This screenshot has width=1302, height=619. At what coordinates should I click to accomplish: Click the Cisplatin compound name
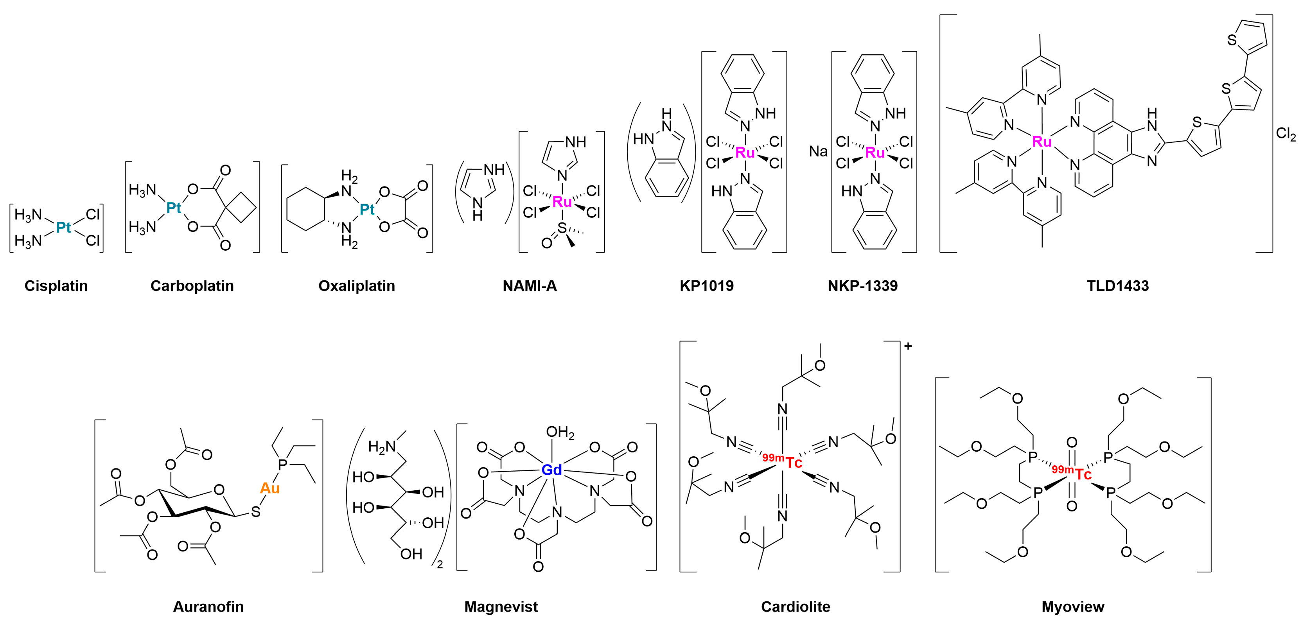pos(56,286)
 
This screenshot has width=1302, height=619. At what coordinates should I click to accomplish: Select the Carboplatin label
pos(192,286)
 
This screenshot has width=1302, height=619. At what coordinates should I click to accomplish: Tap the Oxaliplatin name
pos(356,286)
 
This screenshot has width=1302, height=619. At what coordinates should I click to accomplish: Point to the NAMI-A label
pos(529,286)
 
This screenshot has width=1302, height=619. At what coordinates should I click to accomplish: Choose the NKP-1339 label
pos(862,286)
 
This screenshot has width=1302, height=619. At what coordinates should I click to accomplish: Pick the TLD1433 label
pos(1117,286)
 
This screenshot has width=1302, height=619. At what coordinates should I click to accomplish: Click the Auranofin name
pos(208,606)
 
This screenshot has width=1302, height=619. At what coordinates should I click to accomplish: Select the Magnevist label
pos(501,606)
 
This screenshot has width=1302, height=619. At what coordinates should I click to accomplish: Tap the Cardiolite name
pos(796,606)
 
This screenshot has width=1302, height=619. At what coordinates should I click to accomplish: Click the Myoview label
pos(1072,606)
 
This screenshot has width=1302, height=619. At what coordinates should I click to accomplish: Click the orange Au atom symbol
pos(269,488)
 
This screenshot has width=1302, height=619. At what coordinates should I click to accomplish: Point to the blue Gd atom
pos(551,470)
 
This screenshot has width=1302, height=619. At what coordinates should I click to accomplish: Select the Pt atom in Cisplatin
pos(64,228)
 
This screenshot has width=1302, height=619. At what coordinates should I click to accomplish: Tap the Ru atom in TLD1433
pos(1042,142)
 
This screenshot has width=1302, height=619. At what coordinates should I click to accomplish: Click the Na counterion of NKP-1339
pos(818,151)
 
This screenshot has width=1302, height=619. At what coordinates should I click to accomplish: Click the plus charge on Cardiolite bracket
pos(908,346)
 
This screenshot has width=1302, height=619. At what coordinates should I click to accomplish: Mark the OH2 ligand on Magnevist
pos(560,432)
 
